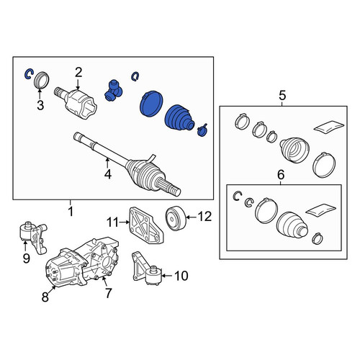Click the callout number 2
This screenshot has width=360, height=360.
[78, 72]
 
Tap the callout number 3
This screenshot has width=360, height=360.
[40, 105]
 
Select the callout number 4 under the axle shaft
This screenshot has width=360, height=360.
[108, 174]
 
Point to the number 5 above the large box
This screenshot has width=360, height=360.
[282, 96]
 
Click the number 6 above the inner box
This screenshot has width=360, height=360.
[281, 175]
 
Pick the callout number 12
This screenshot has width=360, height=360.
[204, 216]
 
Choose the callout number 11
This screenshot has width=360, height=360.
[112, 222]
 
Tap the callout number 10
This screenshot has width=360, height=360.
[181, 276]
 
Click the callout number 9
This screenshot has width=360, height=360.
[26, 258]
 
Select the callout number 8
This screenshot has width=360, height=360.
[45, 297]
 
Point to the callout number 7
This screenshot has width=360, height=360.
[108, 293]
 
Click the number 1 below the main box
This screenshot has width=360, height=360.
[71, 212]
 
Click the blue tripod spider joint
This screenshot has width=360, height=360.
[113, 91]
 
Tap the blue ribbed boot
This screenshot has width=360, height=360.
[179, 119]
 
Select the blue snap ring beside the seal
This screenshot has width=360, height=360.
[29, 74]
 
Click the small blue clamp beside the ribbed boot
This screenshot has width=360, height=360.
[202, 130]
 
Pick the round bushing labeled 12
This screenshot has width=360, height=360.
[176, 218]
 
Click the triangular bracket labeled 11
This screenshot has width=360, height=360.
[146, 225]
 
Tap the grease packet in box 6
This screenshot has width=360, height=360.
[320, 210]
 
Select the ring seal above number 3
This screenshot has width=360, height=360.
[42, 80]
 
